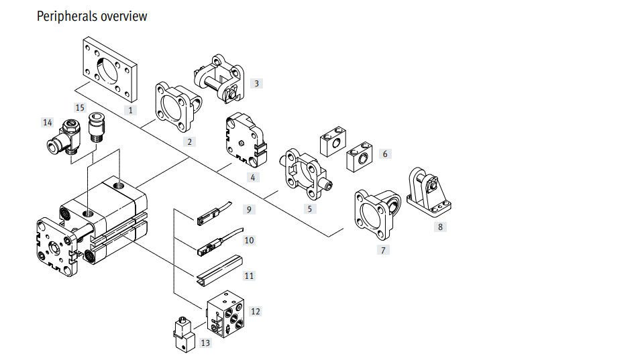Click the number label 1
coord(131,110)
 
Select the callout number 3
coord(256,84)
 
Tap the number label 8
coord(440,227)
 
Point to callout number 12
coord(255,312)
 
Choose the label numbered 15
coord(80,108)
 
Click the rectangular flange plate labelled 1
coord(110,69)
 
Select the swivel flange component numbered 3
coord(219,78)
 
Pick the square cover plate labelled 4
coord(246,140)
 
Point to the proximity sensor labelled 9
coord(214,214)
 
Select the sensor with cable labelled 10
coord(219,242)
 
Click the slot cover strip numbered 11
coord(219,268)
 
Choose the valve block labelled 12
coord(225,314)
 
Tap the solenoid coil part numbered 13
coord(184,335)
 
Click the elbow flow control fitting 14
coord(64,137)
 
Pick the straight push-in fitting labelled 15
coord(97,127)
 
